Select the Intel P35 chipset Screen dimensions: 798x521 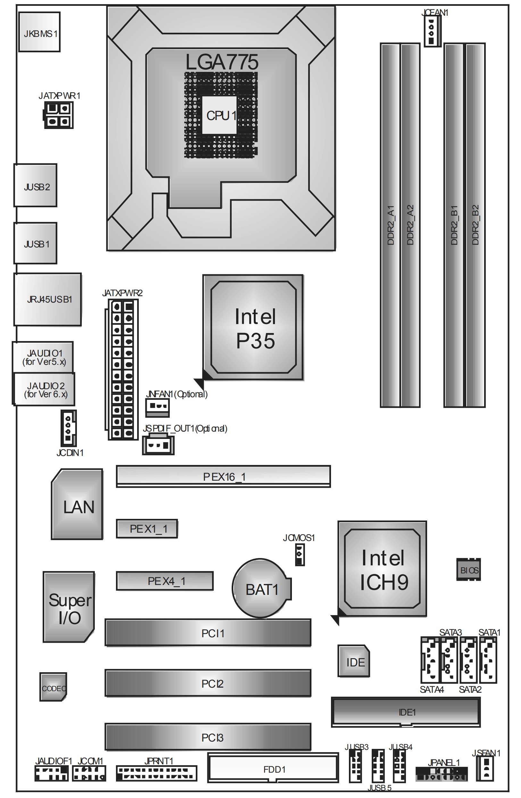[x=253, y=328]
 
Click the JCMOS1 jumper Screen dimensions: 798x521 [x=300, y=555]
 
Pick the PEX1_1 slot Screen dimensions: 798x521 [x=147, y=529]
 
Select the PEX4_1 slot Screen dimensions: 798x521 [x=165, y=581]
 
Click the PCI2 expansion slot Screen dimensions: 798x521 [x=208, y=683]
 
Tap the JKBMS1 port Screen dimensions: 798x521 [x=39, y=32]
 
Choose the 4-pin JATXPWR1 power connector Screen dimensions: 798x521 [x=59, y=115]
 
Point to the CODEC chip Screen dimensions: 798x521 [x=53, y=687]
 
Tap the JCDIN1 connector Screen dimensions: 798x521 [x=68, y=427]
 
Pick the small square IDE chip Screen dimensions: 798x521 [x=354, y=661]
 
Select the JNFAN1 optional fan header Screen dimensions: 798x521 [x=157, y=407]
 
